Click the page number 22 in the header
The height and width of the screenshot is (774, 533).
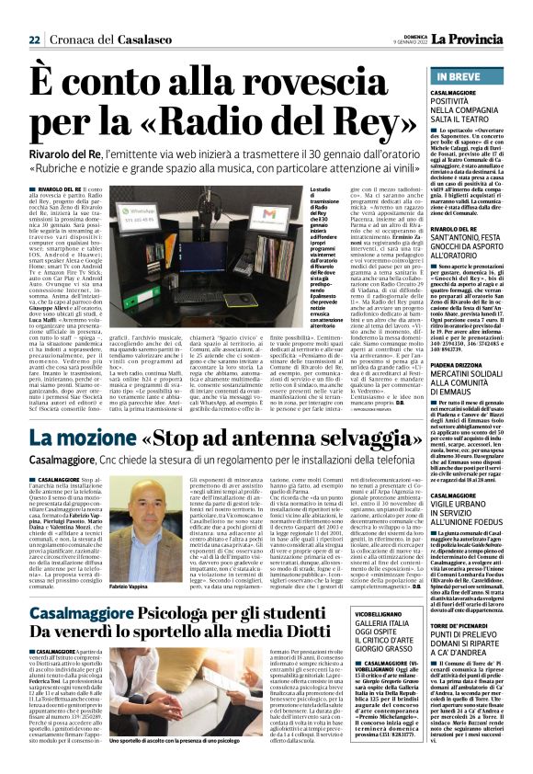33,39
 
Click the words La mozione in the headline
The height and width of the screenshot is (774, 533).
85,437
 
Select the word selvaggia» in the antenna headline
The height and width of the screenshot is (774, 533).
339,437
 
